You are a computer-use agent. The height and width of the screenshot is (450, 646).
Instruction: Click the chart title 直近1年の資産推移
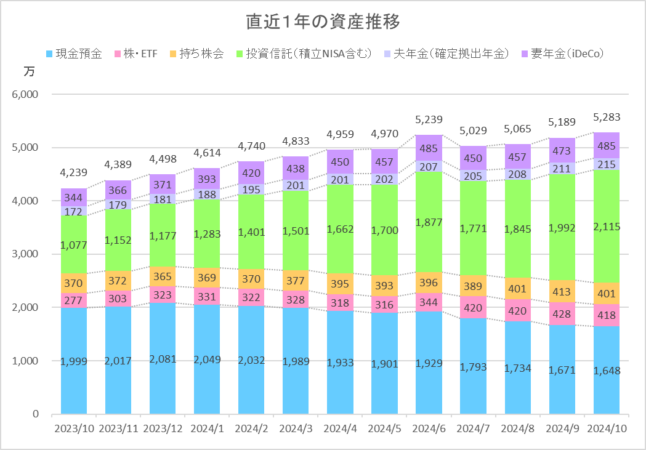323,22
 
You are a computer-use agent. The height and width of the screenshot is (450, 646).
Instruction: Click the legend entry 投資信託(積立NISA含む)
304,54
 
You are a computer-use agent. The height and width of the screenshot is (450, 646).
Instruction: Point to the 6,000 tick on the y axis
25,95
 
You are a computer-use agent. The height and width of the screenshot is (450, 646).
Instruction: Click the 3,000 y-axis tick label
25,254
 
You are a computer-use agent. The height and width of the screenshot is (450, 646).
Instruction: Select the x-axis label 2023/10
74,428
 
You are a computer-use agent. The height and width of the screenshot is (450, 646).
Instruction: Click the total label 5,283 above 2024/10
607,118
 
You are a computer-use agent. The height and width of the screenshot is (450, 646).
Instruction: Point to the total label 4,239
74,173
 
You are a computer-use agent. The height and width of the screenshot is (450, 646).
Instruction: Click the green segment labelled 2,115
607,227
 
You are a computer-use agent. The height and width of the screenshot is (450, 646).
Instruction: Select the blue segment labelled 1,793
474,367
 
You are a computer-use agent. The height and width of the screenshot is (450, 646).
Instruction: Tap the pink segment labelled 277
74,300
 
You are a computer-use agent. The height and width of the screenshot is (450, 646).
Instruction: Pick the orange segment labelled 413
562,292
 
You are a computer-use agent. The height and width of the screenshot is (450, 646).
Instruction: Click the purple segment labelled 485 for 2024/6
429,148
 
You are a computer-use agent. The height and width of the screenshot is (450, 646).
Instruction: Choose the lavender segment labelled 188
207,194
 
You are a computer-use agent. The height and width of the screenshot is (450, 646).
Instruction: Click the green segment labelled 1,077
74,244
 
